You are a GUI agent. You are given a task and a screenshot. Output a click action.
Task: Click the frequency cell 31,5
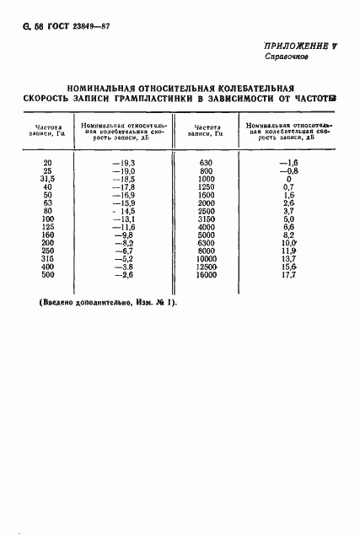click(x=46, y=179)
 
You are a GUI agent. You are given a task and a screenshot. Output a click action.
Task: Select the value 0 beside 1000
click(x=288, y=179)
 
